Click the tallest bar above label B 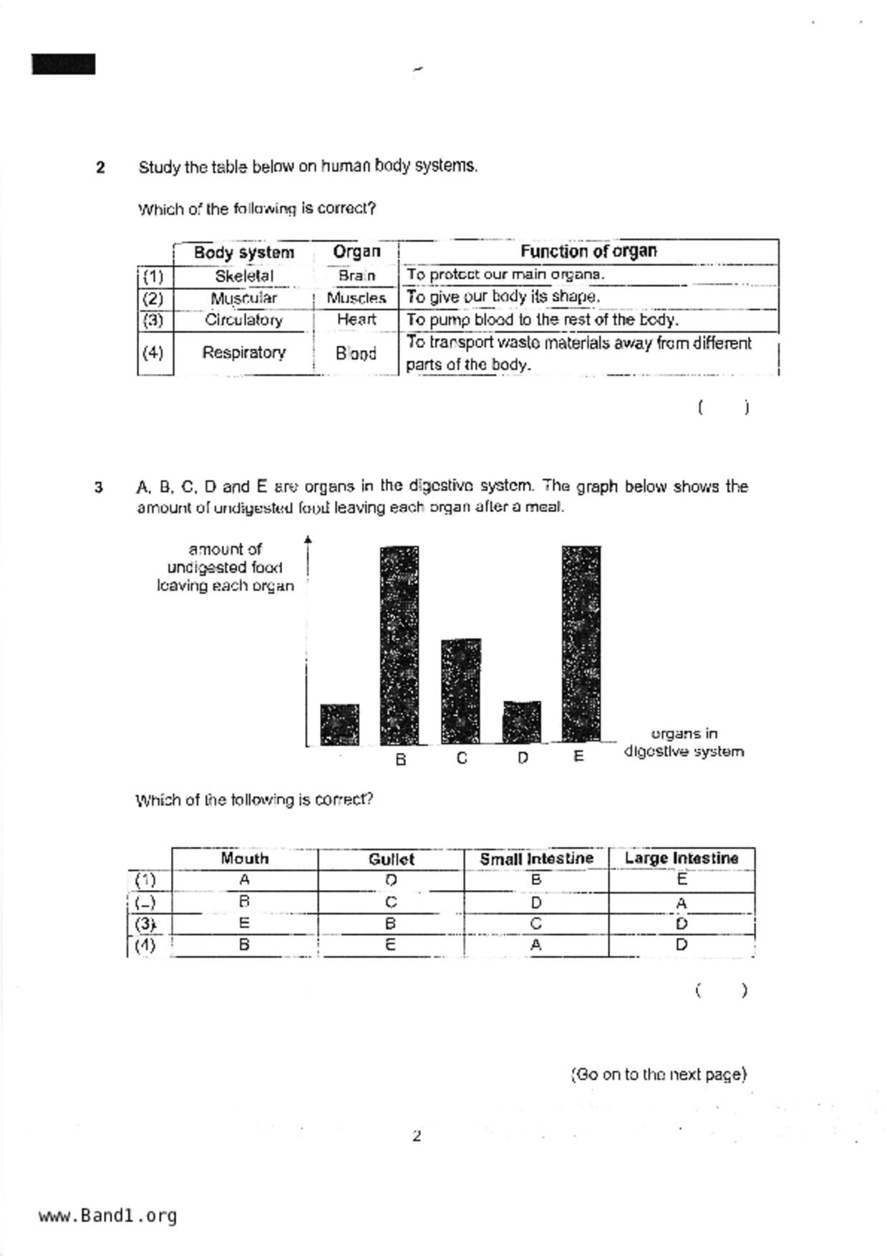coord(399,644)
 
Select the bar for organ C coord(461,691)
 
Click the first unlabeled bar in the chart coord(339,724)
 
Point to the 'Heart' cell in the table coord(356,319)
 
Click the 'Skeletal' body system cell coord(244,276)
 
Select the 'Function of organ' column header coord(588,251)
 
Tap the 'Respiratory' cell coord(244,352)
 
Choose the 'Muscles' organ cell coord(356,298)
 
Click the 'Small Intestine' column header coord(536,859)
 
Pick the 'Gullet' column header coord(391,859)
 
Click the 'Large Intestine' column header coord(681,858)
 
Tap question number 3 coord(99,488)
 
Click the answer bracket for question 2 coord(723,407)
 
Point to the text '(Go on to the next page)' coord(658,1074)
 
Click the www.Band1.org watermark coord(108,1216)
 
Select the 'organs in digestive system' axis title coord(684,743)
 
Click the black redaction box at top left coord(64,64)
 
